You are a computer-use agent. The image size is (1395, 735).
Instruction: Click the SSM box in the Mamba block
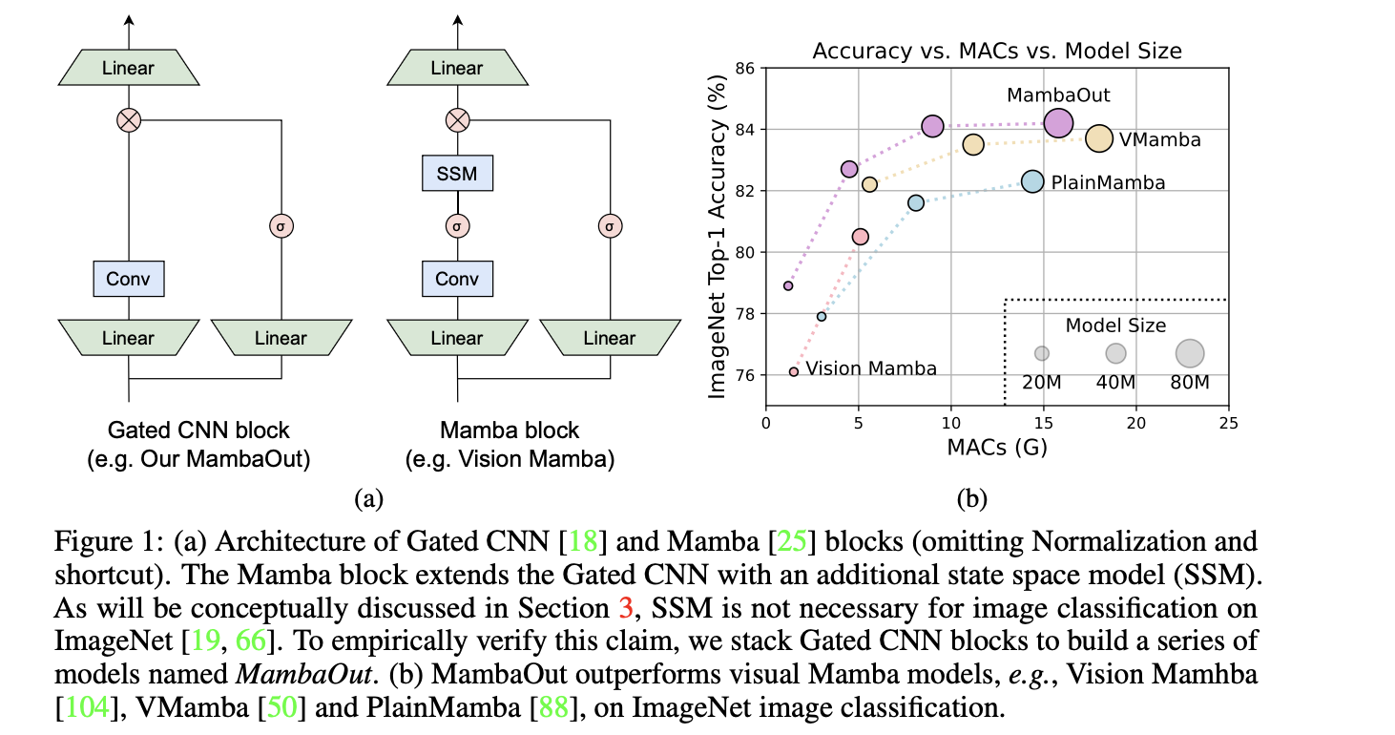point(456,175)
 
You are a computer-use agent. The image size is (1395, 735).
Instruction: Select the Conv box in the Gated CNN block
point(128,279)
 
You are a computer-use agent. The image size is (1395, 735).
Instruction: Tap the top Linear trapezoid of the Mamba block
point(456,69)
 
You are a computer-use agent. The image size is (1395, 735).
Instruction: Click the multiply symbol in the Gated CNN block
point(128,120)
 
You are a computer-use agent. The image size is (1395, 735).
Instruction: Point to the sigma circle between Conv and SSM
point(456,226)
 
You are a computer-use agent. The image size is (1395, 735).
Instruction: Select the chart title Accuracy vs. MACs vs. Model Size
point(996,51)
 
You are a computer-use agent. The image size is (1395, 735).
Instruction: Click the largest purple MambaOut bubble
point(1058,122)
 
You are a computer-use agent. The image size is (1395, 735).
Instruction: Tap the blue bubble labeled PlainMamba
point(1032,181)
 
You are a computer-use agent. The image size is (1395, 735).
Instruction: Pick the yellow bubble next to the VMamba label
point(1099,138)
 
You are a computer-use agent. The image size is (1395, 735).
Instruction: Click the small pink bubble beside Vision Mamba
point(794,371)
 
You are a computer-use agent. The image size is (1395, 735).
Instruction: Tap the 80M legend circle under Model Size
point(1189,353)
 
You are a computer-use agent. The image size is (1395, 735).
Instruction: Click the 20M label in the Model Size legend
point(1041,382)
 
